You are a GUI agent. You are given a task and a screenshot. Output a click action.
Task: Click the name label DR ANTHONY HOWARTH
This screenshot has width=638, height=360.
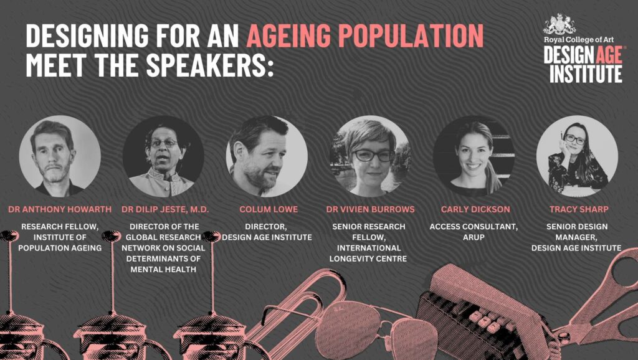(60, 209)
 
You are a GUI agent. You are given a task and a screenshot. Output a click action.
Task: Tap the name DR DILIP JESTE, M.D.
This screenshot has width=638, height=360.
(164, 209)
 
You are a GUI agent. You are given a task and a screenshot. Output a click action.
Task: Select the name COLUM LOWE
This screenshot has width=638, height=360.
(269, 209)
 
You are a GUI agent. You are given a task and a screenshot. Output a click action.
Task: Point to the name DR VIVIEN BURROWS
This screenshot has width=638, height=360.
(370, 209)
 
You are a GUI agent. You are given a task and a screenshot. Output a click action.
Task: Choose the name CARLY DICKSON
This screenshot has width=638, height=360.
(475, 209)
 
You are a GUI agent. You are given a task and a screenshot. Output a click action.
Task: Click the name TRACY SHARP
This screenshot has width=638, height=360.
(579, 209)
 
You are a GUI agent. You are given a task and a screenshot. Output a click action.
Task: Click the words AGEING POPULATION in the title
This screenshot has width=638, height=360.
(365, 36)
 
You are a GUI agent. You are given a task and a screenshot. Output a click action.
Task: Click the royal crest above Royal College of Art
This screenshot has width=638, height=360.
(560, 24)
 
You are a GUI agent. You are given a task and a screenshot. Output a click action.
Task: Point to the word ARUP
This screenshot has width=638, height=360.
(474, 237)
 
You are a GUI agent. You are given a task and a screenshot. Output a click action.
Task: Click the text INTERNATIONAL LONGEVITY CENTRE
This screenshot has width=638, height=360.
(368, 253)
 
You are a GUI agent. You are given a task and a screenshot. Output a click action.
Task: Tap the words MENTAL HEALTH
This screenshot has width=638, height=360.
(163, 269)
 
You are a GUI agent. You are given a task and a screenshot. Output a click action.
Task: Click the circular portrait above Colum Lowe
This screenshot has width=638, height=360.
(267, 156)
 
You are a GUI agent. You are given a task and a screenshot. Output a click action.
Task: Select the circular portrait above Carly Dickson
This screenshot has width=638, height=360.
(474, 156)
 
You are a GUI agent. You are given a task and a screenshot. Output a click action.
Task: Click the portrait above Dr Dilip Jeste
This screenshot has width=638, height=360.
(164, 156)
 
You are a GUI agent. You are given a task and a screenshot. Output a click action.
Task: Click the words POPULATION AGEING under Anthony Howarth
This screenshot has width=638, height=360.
(60, 248)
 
